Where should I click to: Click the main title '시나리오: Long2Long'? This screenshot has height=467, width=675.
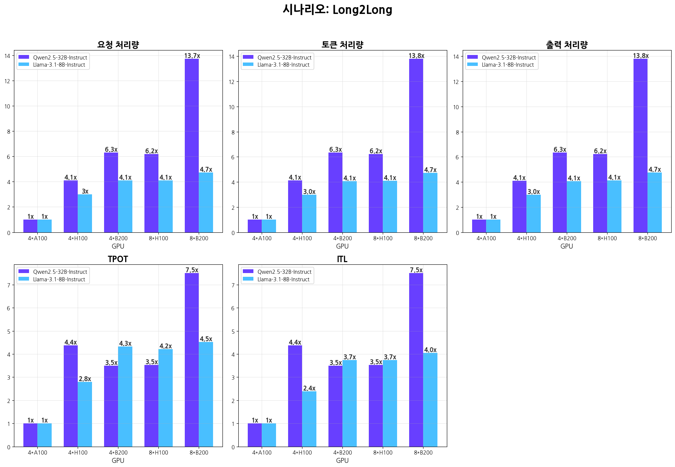337,10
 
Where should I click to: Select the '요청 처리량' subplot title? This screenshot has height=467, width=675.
118,45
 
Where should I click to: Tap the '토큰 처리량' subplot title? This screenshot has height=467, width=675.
342,45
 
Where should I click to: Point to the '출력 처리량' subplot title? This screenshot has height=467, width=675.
567,45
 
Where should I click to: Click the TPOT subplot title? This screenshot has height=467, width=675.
118,259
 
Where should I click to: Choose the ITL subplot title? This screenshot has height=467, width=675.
342,259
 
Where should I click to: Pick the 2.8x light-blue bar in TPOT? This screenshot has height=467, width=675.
85,414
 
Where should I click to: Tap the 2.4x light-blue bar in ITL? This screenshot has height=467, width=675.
309,419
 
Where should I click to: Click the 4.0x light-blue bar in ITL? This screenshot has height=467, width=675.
430,400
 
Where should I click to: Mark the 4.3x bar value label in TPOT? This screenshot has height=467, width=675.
125,343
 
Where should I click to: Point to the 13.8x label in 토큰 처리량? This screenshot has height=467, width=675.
416,56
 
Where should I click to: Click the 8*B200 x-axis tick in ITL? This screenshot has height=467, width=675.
423,453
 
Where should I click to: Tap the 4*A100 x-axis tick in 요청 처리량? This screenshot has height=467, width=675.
37,238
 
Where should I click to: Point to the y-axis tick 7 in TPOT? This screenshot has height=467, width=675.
9,285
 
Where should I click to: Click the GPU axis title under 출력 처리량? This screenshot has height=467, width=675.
567,246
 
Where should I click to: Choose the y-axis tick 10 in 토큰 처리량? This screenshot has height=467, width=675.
232,107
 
